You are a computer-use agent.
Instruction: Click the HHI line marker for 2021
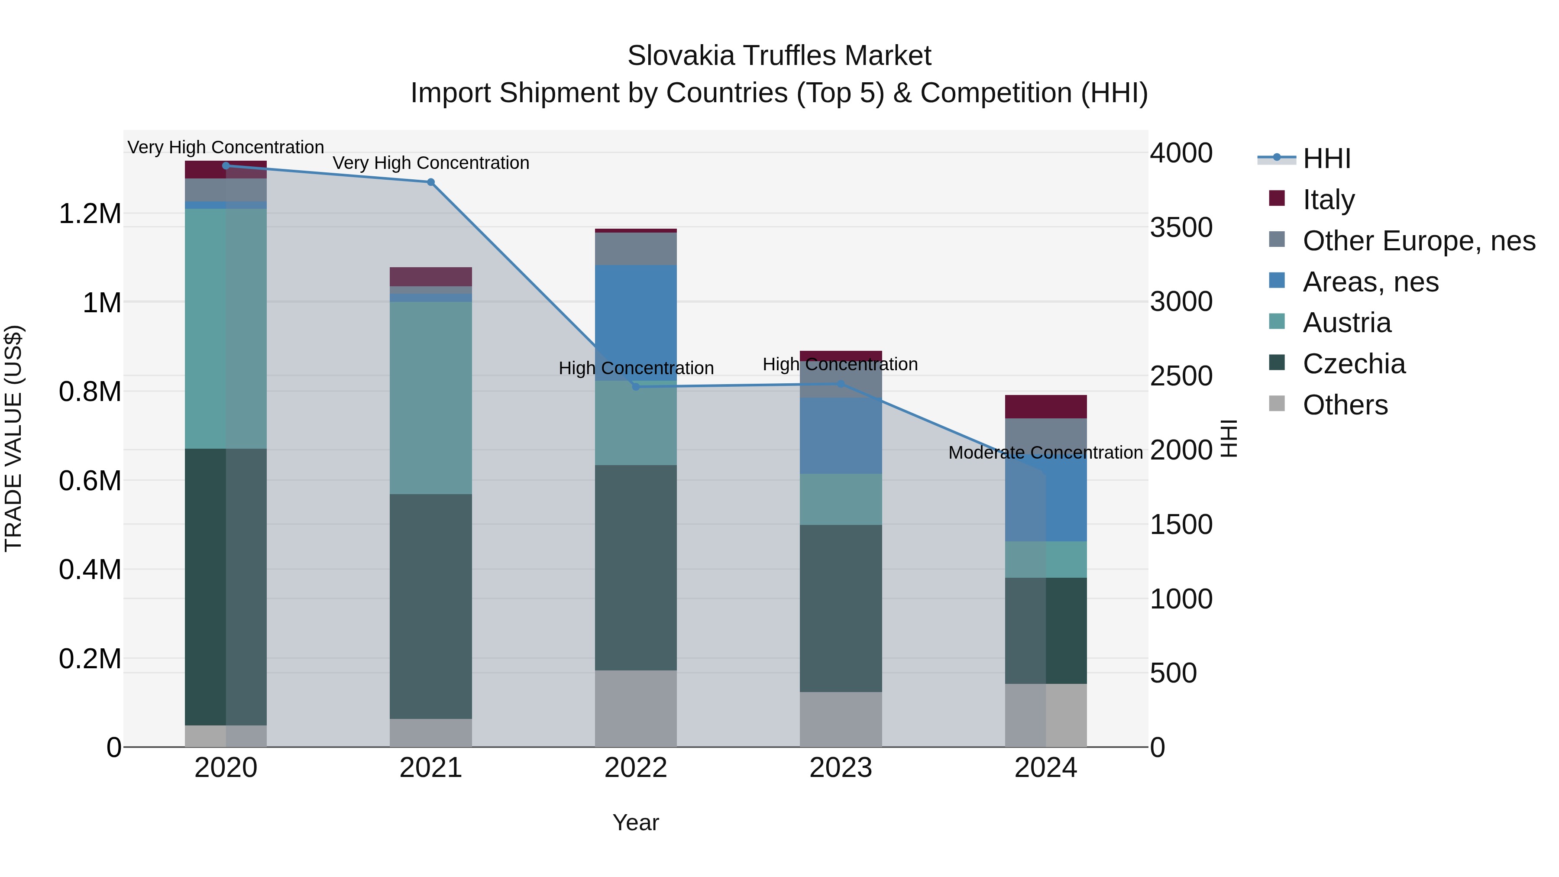(430, 182)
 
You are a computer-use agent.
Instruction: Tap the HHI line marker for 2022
(635, 387)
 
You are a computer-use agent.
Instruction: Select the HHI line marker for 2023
(841, 384)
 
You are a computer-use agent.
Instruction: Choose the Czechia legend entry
(1353, 364)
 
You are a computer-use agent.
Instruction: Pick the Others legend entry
(1345, 405)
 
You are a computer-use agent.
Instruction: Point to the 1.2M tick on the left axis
(90, 214)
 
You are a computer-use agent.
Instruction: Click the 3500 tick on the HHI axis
(1181, 227)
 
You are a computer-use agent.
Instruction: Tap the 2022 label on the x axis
(635, 768)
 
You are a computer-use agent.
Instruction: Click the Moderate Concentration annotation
(1045, 453)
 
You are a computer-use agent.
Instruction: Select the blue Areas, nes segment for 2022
(635, 321)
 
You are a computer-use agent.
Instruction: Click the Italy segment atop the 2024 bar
(1045, 407)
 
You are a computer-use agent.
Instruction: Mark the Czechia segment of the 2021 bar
(430, 605)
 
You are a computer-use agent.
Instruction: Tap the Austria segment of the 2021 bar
(430, 398)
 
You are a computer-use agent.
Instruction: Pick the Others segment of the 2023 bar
(841, 719)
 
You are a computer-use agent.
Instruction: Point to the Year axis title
(635, 822)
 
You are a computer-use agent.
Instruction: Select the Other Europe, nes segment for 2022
(635, 249)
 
